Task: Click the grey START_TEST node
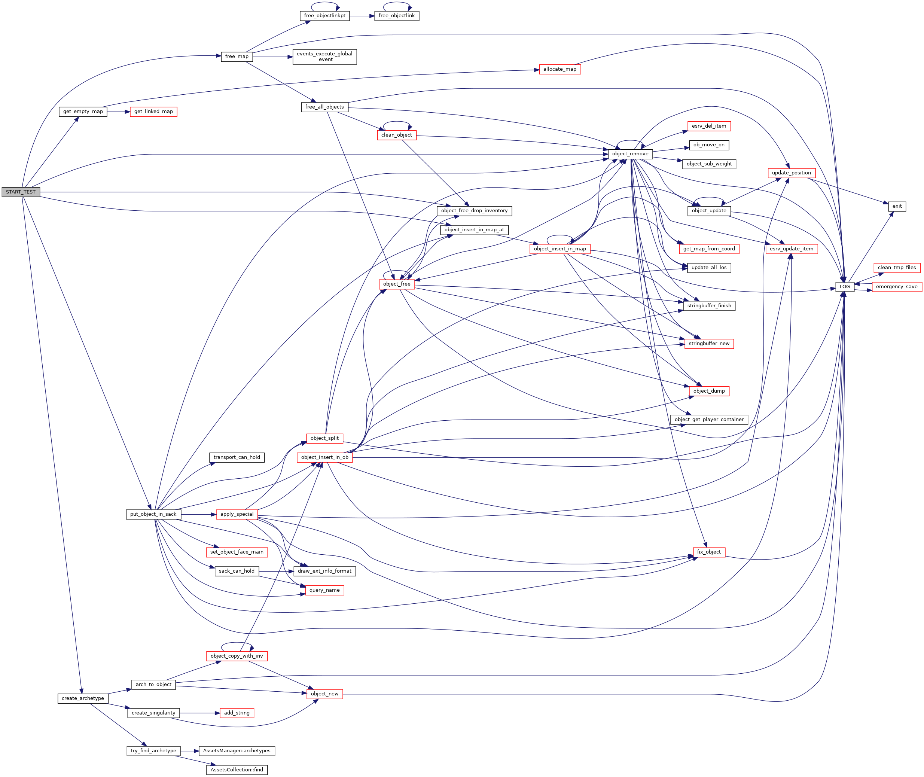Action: tap(21, 192)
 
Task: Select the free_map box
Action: tap(237, 57)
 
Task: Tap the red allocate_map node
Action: tap(559, 69)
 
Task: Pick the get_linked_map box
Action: tap(153, 112)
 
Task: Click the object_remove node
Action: tap(630, 154)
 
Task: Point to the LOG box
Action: tap(844, 287)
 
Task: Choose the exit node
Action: tap(897, 206)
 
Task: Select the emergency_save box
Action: tap(896, 287)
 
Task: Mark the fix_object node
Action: tap(709, 552)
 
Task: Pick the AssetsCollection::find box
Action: tap(237, 770)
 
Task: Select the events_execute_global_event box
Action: tap(324, 57)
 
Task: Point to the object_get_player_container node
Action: tap(709, 419)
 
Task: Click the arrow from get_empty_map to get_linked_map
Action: tap(119, 112)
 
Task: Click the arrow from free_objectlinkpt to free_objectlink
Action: tap(362, 16)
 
